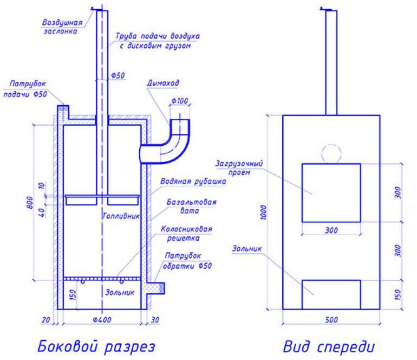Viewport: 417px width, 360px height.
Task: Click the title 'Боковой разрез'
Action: pyautogui.click(x=96, y=346)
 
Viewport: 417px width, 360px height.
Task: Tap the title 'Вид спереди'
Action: pyautogui.click(x=329, y=346)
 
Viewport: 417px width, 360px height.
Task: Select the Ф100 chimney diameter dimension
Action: pyautogui.click(x=180, y=101)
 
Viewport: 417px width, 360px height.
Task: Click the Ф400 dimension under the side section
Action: pyautogui.click(x=102, y=319)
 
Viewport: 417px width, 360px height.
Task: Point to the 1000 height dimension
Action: pyautogui.click(x=263, y=212)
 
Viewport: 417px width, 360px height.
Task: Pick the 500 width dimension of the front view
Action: pyautogui.click(x=331, y=319)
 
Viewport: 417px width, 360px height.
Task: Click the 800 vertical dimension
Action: pyautogui.click(x=30, y=203)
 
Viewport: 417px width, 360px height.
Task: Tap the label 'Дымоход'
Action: pyautogui.click(x=163, y=83)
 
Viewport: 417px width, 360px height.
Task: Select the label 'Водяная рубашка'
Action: pyautogui.click(x=193, y=181)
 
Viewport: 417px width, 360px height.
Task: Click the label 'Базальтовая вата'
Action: pyautogui.click(x=192, y=207)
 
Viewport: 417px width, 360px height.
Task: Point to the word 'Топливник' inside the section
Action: pyautogui.click(x=121, y=216)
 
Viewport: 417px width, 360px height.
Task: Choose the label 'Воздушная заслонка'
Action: pyautogui.click(x=62, y=27)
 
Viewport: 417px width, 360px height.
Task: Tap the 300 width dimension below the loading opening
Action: pyautogui.click(x=331, y=230)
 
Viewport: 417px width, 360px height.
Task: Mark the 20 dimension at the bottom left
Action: pyautogui.click(x=45, y=319)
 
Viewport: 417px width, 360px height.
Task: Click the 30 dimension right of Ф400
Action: pyautogui.click(x=155, y=319)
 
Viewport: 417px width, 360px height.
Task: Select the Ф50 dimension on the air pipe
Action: pyautogui.click(x=118, y=75)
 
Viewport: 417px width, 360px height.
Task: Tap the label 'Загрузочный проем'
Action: pyautogui.click(x=239, y=168)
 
